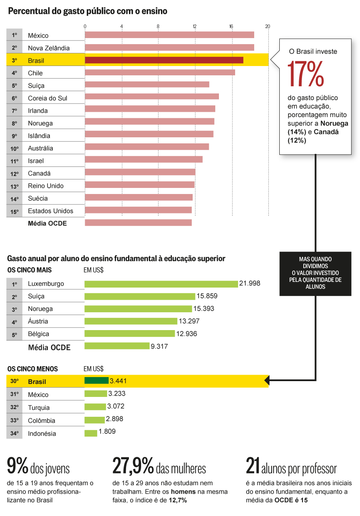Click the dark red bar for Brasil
click(164, 60)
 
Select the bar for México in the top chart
click(169, 35)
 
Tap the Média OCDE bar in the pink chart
click(138, 223)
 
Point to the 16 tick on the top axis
click(231, 27)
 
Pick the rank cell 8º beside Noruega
click(15, 124)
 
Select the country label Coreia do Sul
click(47, 98)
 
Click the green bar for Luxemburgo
click(161, 284)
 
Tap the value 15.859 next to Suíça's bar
click(207, 296)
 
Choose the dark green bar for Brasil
click(96, 381)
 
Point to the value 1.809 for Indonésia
click(107, 432)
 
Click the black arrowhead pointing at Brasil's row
click(267, 380)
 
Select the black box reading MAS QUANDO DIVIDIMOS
click(315, 273)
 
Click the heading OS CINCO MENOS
click(32, 369)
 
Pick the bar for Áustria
click(131, 322)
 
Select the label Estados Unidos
click(51, 211)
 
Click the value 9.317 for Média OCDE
click(159, 347)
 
